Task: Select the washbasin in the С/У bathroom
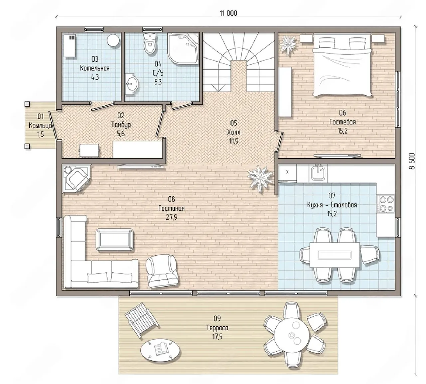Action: tap(132, 84)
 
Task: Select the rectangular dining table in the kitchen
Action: tap(335, 255)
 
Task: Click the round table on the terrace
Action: tap(292, 335)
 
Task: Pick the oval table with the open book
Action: tap(160, 349)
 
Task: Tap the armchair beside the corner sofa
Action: tap(162, 271)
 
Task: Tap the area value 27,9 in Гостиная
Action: tap(172, 218)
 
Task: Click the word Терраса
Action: tap(217, 328)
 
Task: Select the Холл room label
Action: tap(234, 132)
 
